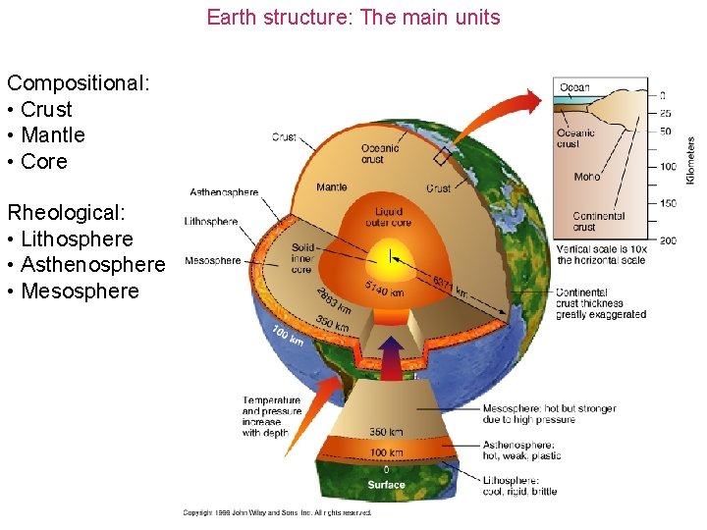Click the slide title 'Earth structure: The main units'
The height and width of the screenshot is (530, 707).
(353, 18)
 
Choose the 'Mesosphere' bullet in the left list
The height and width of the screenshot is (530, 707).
(80, 291)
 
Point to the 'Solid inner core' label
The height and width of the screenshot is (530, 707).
(302, 258)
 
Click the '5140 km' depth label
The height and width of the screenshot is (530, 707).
(383, 289)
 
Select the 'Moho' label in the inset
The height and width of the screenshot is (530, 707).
(586, 177)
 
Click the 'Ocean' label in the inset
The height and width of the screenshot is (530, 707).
(574, 88)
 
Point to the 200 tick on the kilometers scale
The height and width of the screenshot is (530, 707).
(669, 240)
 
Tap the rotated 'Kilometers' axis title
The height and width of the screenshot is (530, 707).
(690, 159)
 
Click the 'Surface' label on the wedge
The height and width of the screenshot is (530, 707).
(386, 484)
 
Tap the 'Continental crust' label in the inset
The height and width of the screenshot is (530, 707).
(599, 222)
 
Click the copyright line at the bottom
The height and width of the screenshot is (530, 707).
(278, 512)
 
